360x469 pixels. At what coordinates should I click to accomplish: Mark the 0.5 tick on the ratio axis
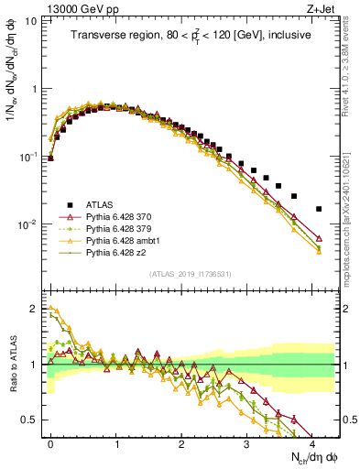(x=32, y=420)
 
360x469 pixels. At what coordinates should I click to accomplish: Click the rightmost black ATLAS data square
(x=319, y=209)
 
